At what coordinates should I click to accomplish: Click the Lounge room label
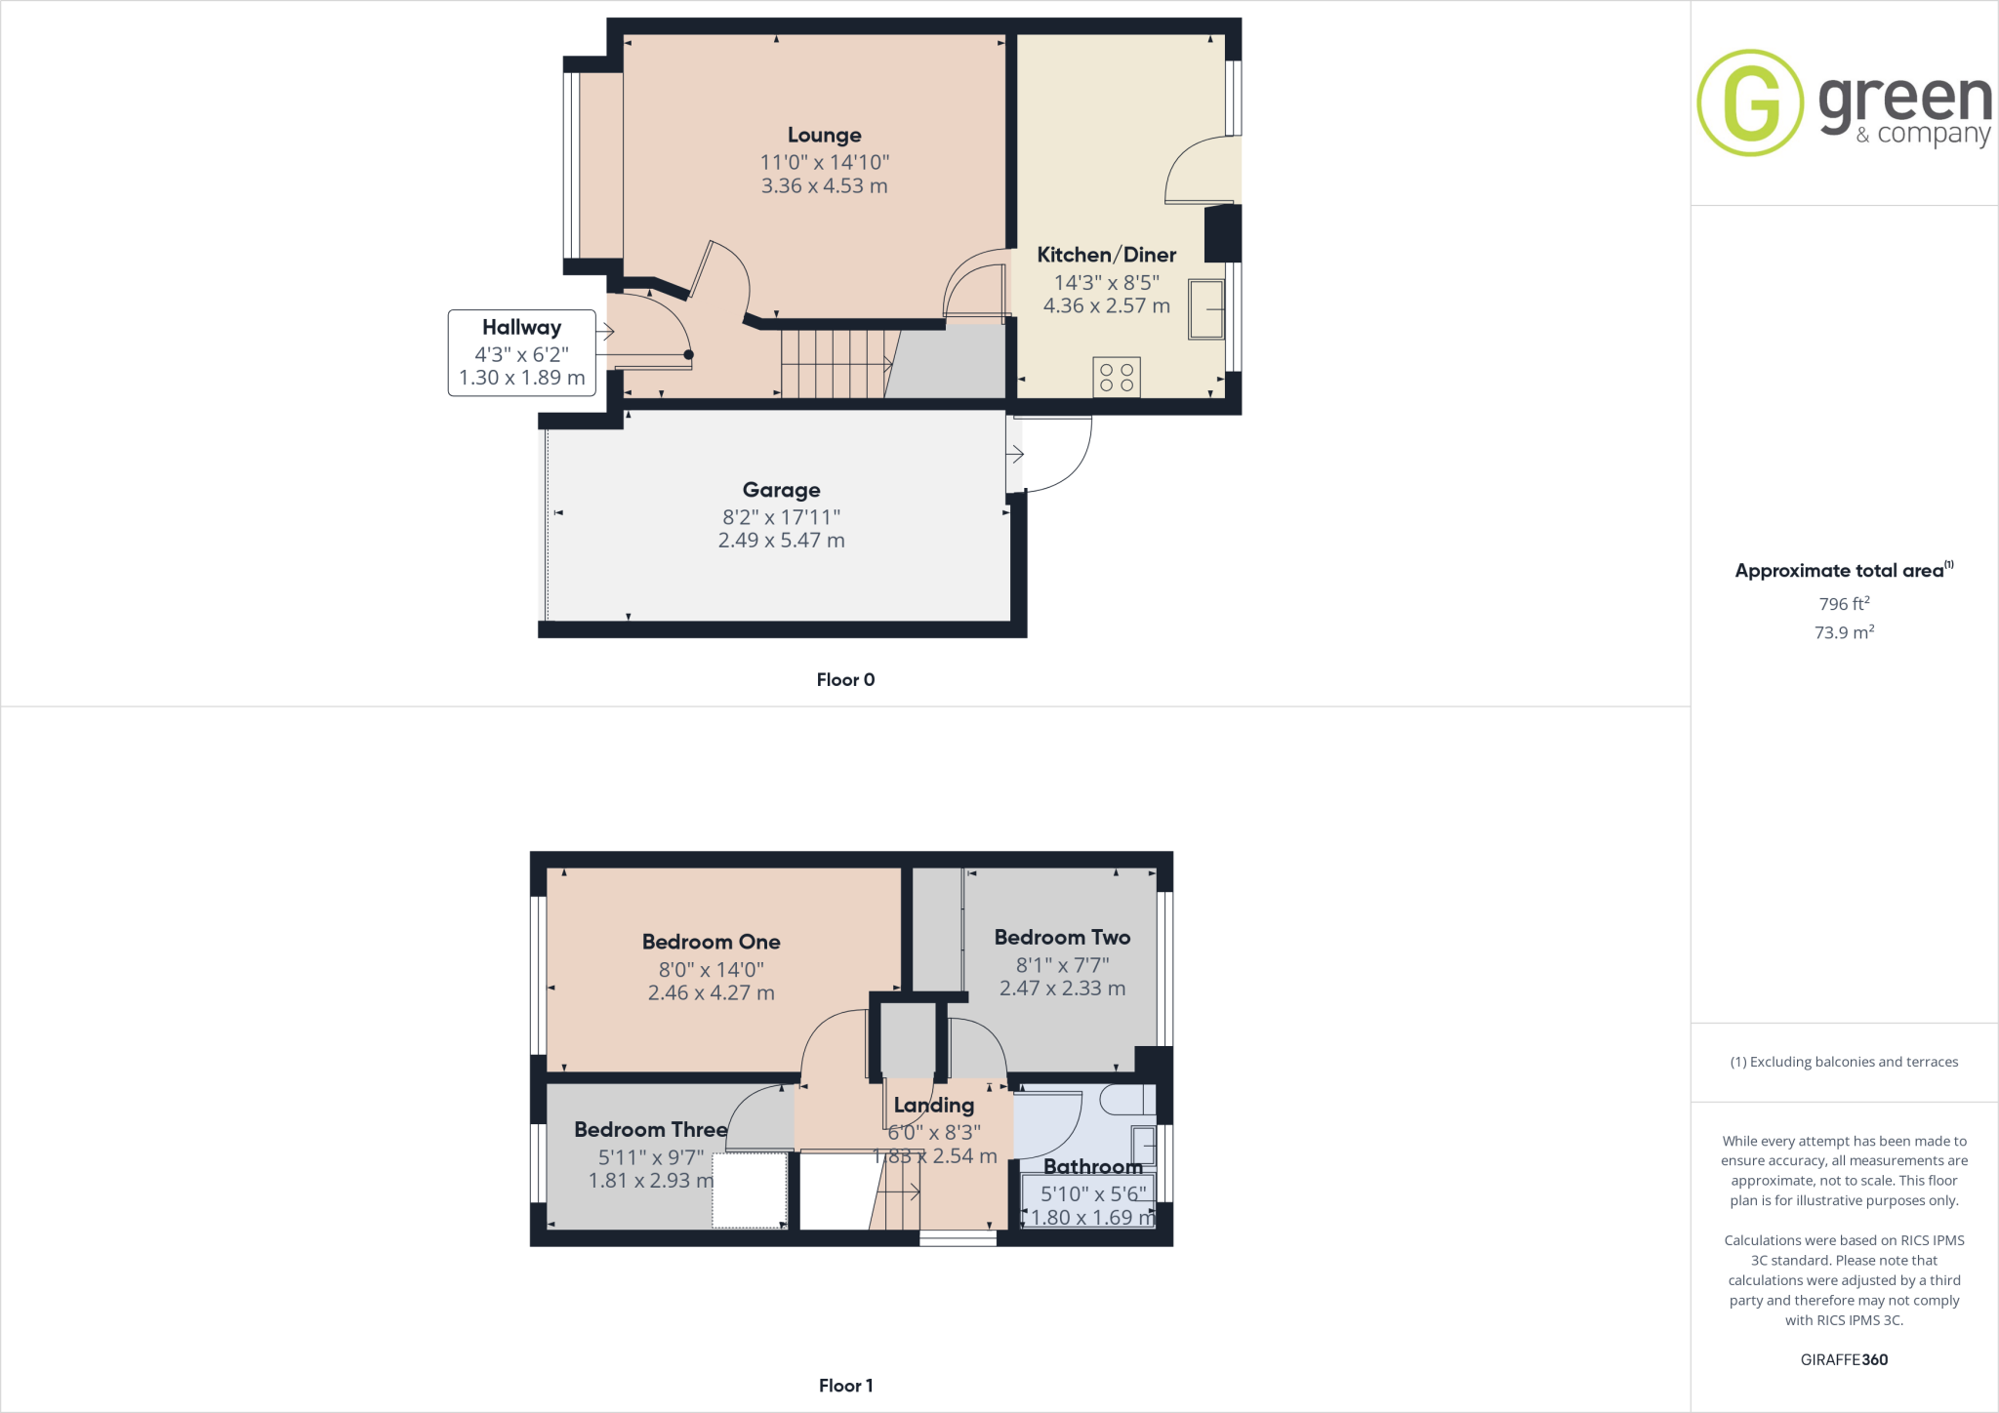pyautogui.click(x=824, y=136)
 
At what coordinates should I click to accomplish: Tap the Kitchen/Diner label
pyautogui.click(x=1106, y=255)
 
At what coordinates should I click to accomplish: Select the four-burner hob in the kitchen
pyautogui.click(x=1117, y=378)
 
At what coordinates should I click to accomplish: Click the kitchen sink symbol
pyautogui.click(x=1206, y=309)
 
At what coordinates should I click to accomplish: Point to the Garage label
pyautogui.click(x=781, y=490)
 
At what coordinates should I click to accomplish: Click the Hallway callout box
pyautogui.click(x=521, y=352)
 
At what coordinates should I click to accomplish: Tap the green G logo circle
pyautogui.click(x=1750, y=102)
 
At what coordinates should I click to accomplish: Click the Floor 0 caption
pyautogui.click(x=845, y=680)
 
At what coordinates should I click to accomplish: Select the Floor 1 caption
pyautogui.click(x=845, y=1386)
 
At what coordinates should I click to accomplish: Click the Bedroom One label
pyautogui.click(x=711, y=942)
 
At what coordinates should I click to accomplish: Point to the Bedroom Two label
pyautogui.click(x=1062, y=937)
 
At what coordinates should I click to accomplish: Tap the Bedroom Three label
pyautogui.click(x=650, y=1129)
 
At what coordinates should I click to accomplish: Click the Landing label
pyautogui.click(x=933, y=1105)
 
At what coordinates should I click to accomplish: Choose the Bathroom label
pyautogui.click(x=1092, y=1166)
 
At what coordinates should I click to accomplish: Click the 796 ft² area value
pyautogui.click(x=1844, y=604)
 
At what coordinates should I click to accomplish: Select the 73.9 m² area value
pyautogui.click(x=1844, y=632)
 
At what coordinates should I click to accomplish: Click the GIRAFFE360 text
pyautogui.click(x=1844, y=1359)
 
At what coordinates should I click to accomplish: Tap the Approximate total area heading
pyautogui.click(x=1839, y=571)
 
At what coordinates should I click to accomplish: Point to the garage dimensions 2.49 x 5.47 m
pyautogui.click(x=781, y=541)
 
